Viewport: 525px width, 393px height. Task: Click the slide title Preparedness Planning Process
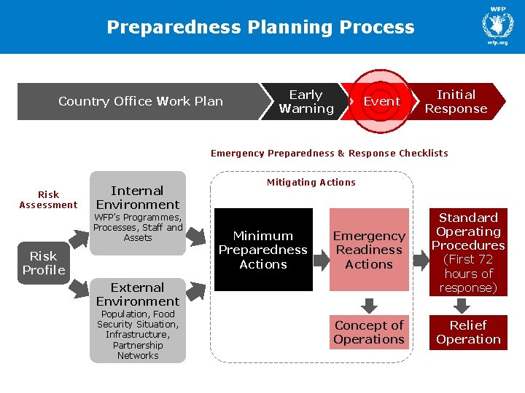coord(260,28)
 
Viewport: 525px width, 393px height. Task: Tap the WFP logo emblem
coord(498,23)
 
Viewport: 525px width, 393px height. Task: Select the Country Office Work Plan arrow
coord(141,101)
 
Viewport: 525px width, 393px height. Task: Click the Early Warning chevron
coord(306,102)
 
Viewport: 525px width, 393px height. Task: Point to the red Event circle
coord(381,102)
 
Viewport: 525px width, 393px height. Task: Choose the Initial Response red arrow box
coord(456,102)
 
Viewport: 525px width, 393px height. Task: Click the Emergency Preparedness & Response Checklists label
coord(329,153)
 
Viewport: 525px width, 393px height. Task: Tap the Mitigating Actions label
coord(311,183)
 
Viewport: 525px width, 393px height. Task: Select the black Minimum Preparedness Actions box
coord(262,250)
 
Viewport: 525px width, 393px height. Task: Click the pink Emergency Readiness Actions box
coord(369,250)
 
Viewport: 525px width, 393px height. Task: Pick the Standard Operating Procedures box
coord(468,253)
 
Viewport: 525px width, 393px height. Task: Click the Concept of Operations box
coord(369,333)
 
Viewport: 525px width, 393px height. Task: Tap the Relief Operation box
coord(468,333)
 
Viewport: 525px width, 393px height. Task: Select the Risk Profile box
coord(43,263)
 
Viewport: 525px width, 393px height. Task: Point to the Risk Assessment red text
coord(48,199)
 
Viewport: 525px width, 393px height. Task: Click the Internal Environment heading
coord(137,198)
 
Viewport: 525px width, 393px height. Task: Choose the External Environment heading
coord(137,294)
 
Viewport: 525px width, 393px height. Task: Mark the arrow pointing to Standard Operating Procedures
coord(421,255)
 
